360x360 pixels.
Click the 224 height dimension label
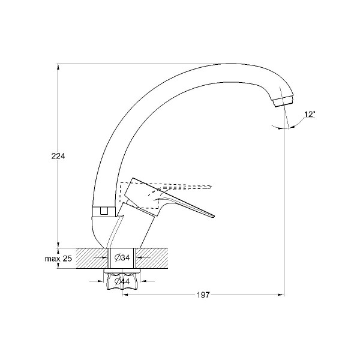pos(58,156)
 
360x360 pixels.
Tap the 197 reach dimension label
pos(203,295)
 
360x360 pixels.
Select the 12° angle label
pos(310,115)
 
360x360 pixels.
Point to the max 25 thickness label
pos(58,259)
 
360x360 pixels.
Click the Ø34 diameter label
pos(122,258)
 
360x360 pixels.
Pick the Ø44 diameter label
pos(122,281)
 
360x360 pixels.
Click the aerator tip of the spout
pos(284,102)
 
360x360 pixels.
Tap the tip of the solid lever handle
pos(214,216)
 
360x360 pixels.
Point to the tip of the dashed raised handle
pos(211,187)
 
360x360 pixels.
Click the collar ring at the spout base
pos(104,211)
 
